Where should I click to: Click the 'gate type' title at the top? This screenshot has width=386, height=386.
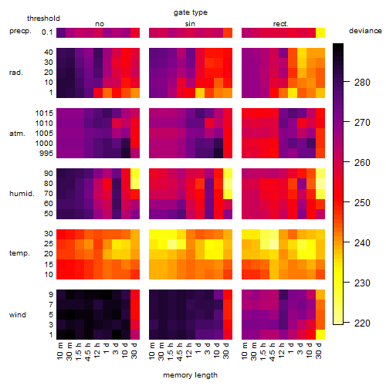tap(191, 12)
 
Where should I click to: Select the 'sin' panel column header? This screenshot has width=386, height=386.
tap(190, 24)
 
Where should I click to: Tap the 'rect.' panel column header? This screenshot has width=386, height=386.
tap(281, 24)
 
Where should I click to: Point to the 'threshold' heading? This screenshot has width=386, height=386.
tap(43, 19)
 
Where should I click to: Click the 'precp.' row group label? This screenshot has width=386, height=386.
tap(20, 31)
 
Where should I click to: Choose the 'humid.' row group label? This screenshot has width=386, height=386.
tap(22, 193)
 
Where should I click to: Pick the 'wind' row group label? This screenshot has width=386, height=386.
tap(18, 315)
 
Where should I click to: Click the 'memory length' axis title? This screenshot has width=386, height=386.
tap(190, 375)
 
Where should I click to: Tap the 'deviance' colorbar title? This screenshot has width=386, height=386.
tap(365, 31)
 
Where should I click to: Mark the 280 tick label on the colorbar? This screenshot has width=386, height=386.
tap(362, 83)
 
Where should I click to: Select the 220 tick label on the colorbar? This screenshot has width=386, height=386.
tap(362, 323)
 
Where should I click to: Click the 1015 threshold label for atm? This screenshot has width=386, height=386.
tap(44, 113)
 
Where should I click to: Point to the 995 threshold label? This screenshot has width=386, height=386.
tap(46, 153)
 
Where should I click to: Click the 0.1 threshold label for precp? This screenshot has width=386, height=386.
tap(47, 32)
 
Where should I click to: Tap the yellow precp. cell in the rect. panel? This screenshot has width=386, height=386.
tap(320, 32)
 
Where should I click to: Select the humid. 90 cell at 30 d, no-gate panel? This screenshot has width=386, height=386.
tap(135, 174)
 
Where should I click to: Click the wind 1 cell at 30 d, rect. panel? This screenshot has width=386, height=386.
tap(320, 334)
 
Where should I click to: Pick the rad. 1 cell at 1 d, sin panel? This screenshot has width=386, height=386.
tap(200, 93)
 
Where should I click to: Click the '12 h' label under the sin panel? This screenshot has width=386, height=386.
tap(188, 350)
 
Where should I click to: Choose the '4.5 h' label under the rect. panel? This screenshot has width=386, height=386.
tap(272, 351)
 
